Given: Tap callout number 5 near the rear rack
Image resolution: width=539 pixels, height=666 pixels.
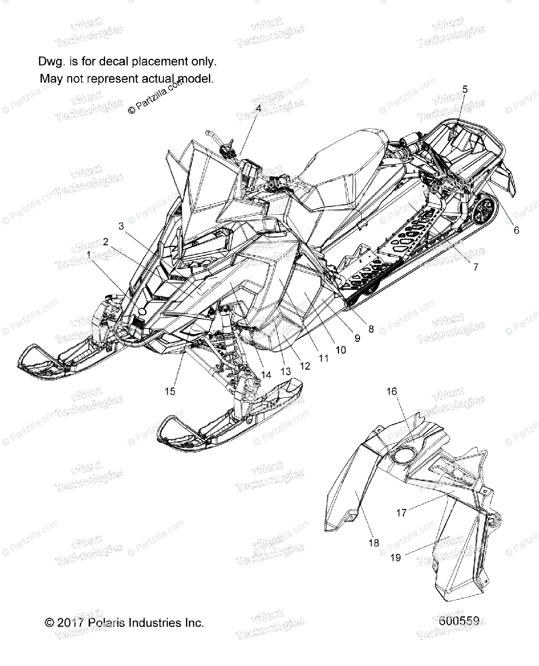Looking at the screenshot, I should pos(465,89).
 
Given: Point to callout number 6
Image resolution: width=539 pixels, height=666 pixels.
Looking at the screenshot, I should pos(516,230).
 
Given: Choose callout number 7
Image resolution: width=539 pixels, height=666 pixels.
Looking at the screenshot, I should pos(475,267).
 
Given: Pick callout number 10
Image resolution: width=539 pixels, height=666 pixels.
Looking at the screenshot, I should pos(341,350).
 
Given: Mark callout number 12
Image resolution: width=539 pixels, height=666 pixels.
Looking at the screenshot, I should pos(305,366).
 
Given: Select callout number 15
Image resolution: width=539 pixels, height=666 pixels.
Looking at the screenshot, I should pos(170,391).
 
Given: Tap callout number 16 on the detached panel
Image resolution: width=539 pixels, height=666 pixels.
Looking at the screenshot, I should pos(392,391).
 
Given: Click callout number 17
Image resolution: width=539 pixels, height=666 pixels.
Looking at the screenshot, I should pos(401,513).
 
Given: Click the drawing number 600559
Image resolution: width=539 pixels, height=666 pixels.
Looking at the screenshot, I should pos(459,622).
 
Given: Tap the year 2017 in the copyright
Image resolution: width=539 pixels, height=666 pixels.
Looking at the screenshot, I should pos(70,623).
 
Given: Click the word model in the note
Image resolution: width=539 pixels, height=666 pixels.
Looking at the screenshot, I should pos(196,79).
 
